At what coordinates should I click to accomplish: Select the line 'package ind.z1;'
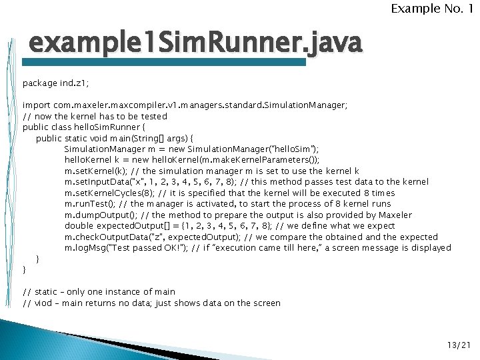pos(55,83)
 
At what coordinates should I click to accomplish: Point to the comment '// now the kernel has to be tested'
pos(95,116)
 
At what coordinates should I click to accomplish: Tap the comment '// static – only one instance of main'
pos(99,292)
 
